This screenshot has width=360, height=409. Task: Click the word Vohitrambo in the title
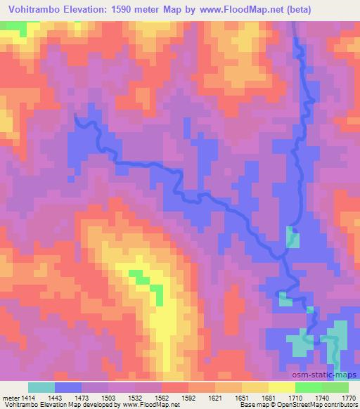point(32,9)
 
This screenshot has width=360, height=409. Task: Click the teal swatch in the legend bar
point(41,387)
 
